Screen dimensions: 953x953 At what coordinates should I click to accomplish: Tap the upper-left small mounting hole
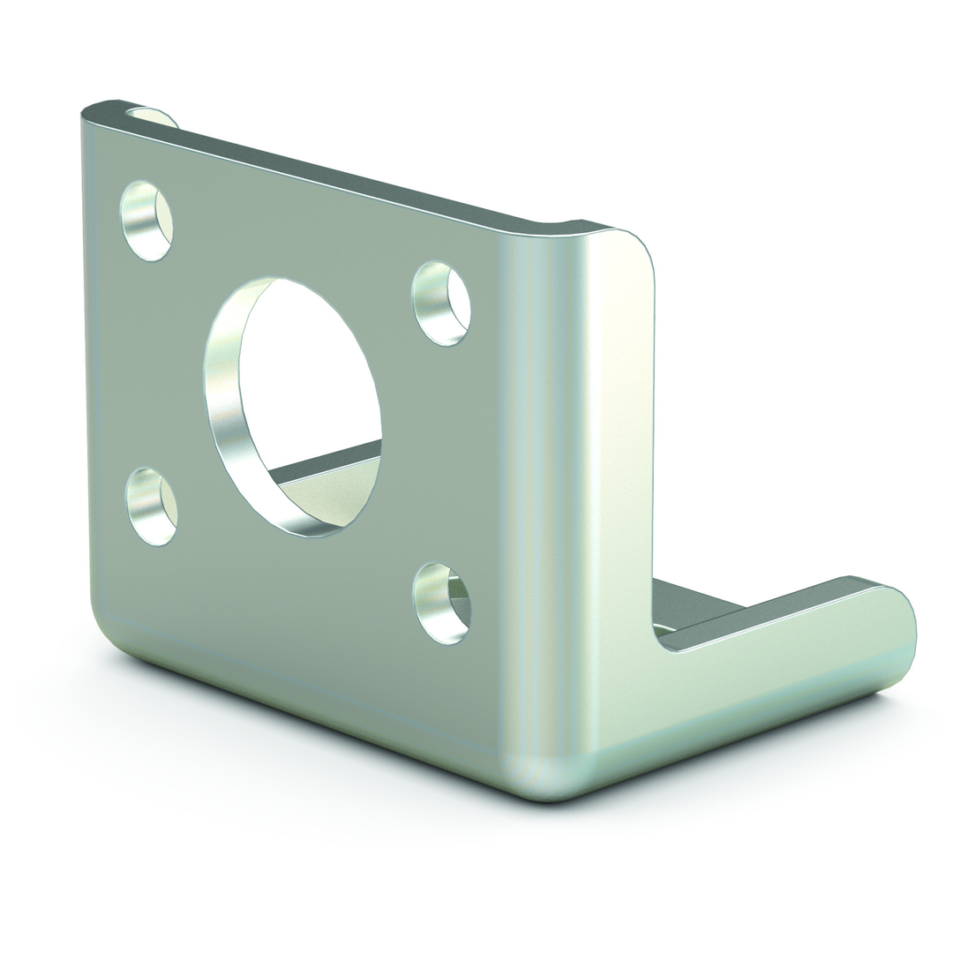click(x=146, y=221)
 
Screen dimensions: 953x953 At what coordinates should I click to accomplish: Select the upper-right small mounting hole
click(x=441, y=304)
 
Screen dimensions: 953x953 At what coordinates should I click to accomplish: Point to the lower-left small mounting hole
click(x=152, y=507)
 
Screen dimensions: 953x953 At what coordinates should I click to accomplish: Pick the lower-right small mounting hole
click(x=442, y=604)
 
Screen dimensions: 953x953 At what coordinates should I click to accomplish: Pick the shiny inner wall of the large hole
click(x=226, y=397)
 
